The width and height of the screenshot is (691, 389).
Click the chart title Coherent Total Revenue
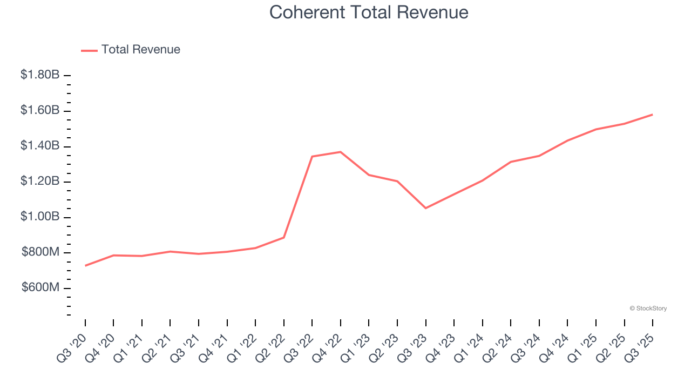pos(369,12)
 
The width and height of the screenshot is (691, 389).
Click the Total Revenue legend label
pos(140,50)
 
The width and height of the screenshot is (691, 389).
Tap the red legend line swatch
pos(89,50)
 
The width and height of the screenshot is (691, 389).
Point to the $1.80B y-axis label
pos(40,75)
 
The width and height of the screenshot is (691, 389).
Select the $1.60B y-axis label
pos(40,111)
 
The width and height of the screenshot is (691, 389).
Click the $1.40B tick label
pos(40,146)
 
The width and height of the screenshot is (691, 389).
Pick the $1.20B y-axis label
pos(40,182)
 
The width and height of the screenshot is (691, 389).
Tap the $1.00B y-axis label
pos(40,217)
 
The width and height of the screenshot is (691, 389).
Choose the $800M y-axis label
pos(40,252)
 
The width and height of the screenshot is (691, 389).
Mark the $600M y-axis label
pos(40,288)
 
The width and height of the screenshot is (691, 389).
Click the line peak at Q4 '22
pos(341,152)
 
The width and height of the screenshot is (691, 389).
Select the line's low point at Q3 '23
pos(426,208)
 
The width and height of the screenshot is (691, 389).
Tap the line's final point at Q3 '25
pos(653,115)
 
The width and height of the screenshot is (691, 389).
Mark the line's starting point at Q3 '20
pos(85,266)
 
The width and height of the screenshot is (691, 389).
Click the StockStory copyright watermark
pos(648,308)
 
